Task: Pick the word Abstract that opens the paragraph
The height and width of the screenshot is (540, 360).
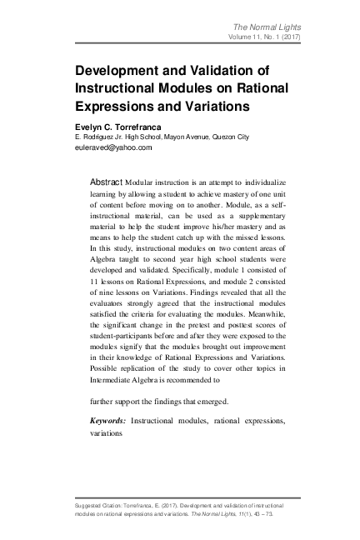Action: pos(106,181)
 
